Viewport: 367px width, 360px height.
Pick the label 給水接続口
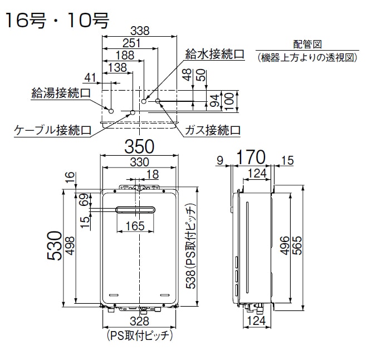[x=215, y=55]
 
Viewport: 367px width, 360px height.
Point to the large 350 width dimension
[x=139, y=148]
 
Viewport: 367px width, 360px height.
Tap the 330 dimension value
[x=139, y=162]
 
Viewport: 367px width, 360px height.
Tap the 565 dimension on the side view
[x=300, y=249]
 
